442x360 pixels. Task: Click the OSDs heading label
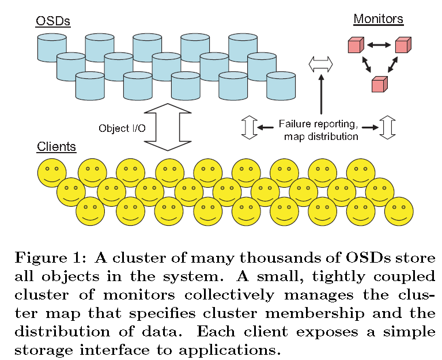[x=52, y=21]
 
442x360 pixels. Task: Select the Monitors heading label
[x=378, y=18]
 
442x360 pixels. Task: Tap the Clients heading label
[x=56, y=146]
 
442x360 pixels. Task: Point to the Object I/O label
[x=122, y=128]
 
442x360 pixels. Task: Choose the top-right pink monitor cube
[x=402, y=46]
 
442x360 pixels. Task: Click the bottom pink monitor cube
[x=379, y=84]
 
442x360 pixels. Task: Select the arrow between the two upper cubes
[x=379, y=44]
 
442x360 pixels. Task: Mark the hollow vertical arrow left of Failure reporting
[x=248, y=127]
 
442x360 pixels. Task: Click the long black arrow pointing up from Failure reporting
[x=322, y=96]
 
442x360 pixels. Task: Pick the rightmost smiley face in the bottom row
[x=399, y=211]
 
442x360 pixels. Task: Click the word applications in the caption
[x=241, y=350]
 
